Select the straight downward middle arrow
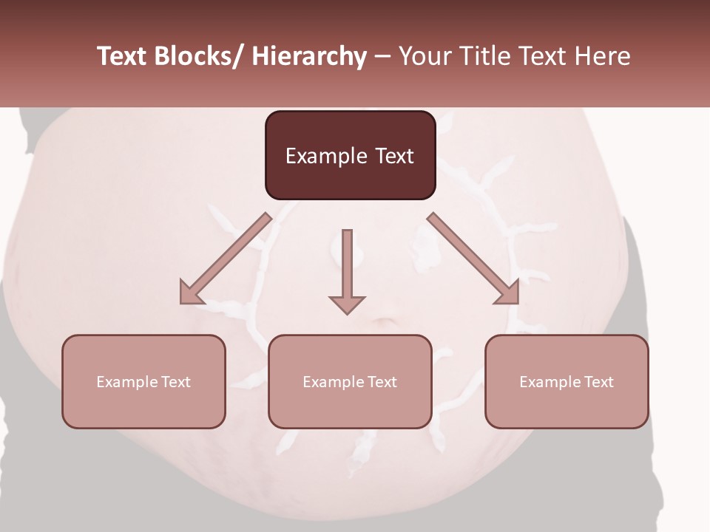coord(347,270)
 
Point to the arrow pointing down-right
coord(472,257)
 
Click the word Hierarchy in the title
coord(309,57)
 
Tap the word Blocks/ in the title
coord(199,57)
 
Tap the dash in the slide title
coord(382,57)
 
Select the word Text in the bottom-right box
coord(598,382)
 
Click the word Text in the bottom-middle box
coord(381,382)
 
